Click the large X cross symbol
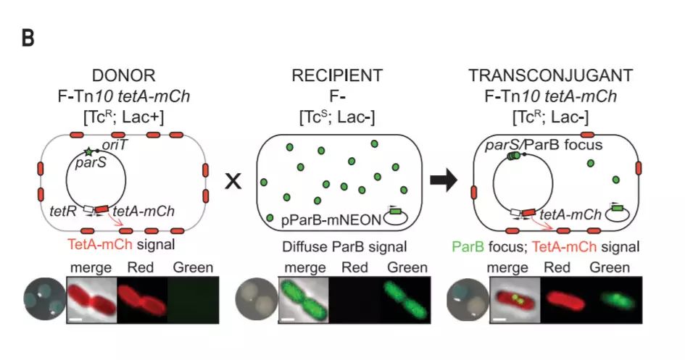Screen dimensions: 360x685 tap(233, 182)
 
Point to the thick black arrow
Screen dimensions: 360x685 tap(444, 182)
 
